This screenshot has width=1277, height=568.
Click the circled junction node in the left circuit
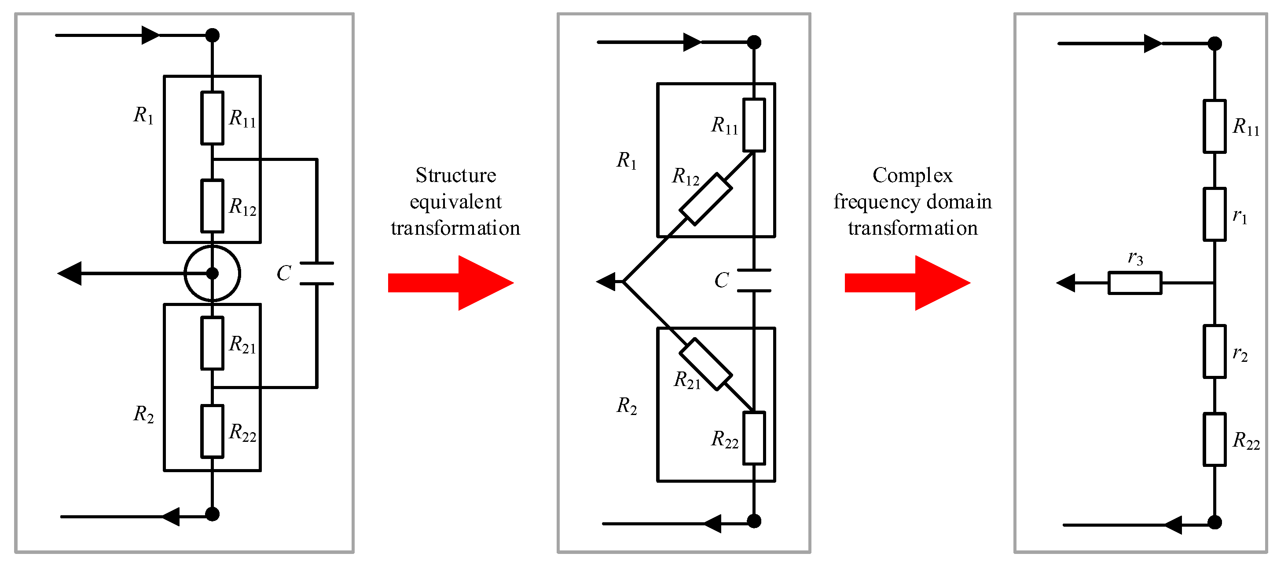(x=212, y=273)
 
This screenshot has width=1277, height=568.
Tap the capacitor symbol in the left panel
(x=317, y=273)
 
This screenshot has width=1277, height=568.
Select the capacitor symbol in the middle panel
(x=753, y=280)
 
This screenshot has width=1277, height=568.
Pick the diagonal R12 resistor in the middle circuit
(x=705, y=199)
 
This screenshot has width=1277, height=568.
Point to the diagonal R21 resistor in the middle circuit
(x=705, y=364)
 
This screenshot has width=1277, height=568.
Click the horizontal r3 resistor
(x=1135, y=283)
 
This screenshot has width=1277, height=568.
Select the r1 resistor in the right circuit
(x=1215, y=215)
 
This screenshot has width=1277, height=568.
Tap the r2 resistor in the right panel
(x=1215, y=352)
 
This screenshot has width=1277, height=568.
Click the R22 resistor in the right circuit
(x=1215, y=439)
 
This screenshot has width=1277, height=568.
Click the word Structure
(x=455, y=175)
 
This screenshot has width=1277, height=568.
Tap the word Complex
(x=912, y=175)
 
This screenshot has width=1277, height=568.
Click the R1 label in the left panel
(x=143, y=115)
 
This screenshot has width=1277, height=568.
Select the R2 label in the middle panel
(x=627, y=406)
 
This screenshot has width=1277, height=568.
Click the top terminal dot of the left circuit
(x=212, y=35)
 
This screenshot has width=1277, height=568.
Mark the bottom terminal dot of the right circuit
(x=1215, y=522)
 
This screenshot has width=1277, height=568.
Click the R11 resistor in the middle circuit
(x=753, y=125)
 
